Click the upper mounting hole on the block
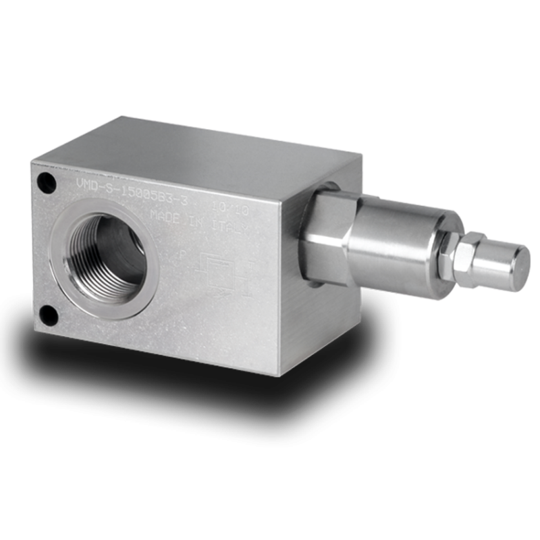click(45, 181)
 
